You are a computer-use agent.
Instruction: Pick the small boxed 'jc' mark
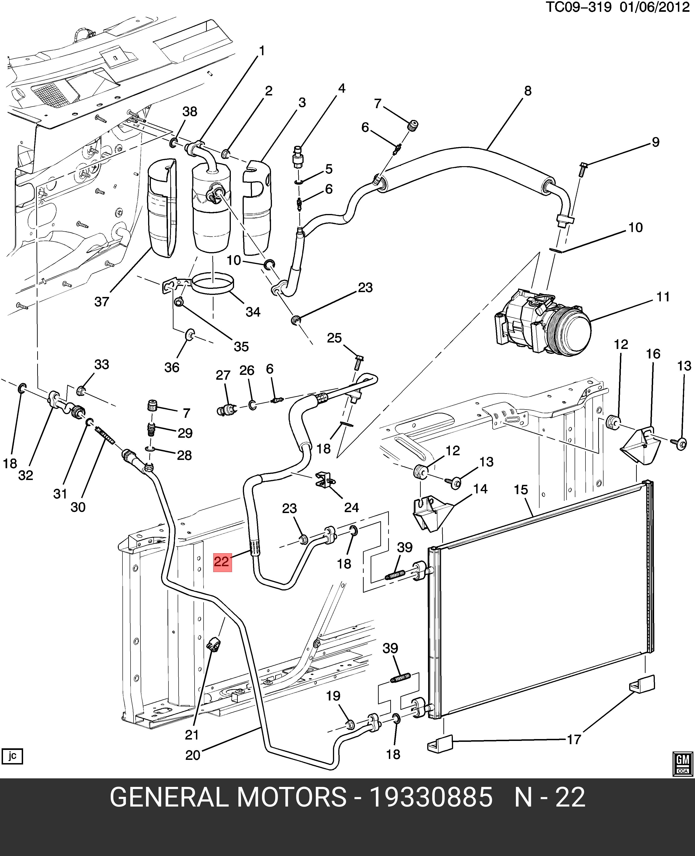point(12,756)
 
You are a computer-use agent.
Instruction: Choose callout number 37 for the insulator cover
point(102,302)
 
